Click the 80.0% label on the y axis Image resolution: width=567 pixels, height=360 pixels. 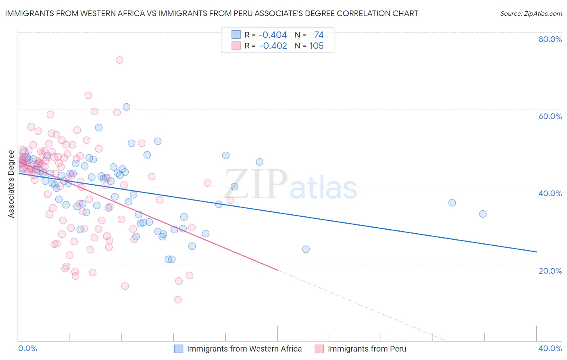tap(550, 39)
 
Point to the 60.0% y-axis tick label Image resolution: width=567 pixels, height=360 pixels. tap(550, 116)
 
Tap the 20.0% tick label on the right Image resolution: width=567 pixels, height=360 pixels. tap(550, 270)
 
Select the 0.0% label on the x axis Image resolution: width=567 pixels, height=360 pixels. tap(27, 348)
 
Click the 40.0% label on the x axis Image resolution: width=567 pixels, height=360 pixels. tap(550, 348)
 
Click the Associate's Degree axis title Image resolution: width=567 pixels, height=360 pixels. tap(11, 184)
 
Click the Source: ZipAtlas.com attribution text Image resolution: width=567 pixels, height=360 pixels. tap(531, 13)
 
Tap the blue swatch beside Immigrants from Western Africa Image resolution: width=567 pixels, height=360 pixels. tap(179, 349)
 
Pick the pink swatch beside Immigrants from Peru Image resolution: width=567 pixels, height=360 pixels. tap(319, 349)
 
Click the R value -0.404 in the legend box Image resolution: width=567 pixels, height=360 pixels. tap(273, 35)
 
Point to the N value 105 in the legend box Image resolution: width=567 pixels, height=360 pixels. tap(317, 46)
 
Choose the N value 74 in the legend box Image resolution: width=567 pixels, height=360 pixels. tap(319, 35)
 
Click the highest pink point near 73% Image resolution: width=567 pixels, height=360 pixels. tap(119, 60)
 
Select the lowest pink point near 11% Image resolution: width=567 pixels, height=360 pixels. tap(178, 299)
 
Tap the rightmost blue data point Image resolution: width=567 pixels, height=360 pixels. tap(483, 214)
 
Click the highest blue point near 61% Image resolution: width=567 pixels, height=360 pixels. tap(127, 107)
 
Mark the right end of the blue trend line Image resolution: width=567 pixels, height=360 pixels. tap(536, 252)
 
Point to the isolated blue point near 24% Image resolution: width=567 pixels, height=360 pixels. tap(306, 249)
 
